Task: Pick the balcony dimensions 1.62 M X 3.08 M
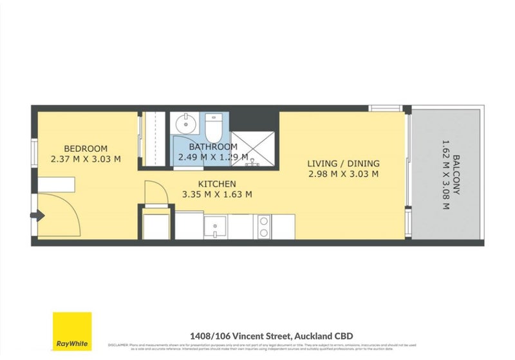[444, 174]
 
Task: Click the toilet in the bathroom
[214, 127]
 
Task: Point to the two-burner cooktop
[263, 225]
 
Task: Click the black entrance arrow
[39, 216]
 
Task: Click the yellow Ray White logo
[72, 332]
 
